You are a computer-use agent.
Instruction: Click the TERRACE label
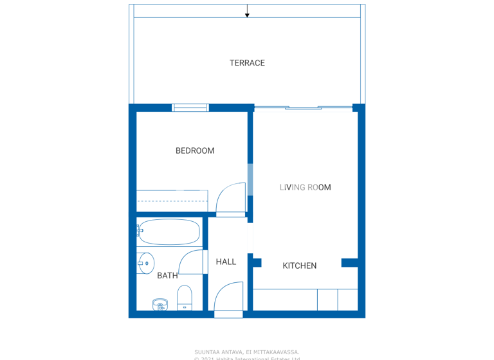(247, 63)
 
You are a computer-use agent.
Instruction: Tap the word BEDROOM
(195, 151)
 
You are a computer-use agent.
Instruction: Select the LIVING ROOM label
(305, 188)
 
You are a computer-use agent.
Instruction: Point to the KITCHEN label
(300, 266)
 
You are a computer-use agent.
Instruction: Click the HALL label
(226, 262)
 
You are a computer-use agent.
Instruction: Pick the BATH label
(167, 276)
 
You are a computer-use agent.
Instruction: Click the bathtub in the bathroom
(170, 231)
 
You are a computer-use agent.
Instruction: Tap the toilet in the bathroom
(185, 298)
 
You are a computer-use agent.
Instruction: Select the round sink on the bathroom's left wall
(146, 263)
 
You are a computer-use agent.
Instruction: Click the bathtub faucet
(139, 230)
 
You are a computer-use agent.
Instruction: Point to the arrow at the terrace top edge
(247, 14)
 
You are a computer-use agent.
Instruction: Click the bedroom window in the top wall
(190, 108)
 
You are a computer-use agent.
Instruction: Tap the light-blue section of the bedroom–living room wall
(250, 179)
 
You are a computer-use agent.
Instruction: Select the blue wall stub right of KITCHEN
(349, 262)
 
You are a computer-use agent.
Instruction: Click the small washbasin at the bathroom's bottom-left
(160, 305)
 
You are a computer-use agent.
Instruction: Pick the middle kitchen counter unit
(327, 300)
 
